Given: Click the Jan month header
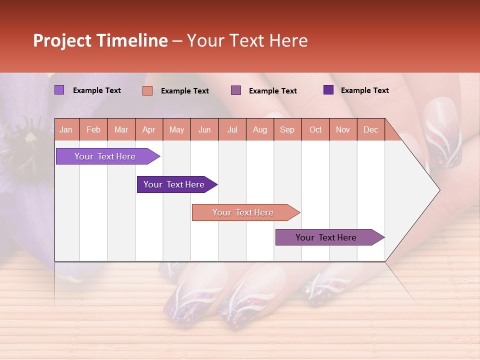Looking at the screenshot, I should pyautogui.click(x=66, y=130).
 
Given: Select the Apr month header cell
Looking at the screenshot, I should pyautogui.click(x=148, y=130).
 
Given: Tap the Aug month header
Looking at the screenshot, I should pyautogui.click(x=259, y=130).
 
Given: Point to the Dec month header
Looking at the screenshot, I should pyautogui.click(x=370, y=130).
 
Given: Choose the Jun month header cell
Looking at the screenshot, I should pyautogui.click(x=204, y=130).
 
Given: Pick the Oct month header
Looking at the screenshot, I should pyautogui.click(x=315, y=130).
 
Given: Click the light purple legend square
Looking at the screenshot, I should pyautogui.click(x=59, y=90).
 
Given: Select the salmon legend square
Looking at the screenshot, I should pyautogui.click(x=147, y=90).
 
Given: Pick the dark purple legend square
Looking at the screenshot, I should pyautogui.click(x=328, y=90).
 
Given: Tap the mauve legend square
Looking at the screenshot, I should pyautogui.click(x=236, y=90).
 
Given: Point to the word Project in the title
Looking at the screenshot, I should pyautogui.click(x=63, y=40).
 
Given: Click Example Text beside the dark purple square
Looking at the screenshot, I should pyautogui.click(x=364, y=90).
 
